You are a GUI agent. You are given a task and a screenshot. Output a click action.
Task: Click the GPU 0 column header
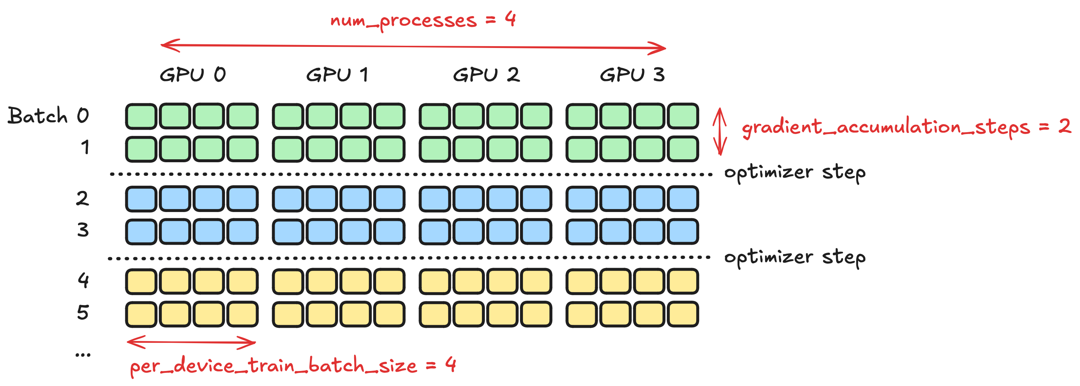tap(193, 75)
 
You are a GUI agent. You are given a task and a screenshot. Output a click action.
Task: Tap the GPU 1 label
tap(338, 75)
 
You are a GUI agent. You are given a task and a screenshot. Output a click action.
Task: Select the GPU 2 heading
tap(486, 75)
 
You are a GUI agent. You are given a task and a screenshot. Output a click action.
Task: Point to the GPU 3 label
tap(632, 75)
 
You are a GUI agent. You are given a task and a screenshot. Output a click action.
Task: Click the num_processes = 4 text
tap(423, 20)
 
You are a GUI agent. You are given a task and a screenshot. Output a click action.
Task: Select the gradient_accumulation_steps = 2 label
tap(906, 127)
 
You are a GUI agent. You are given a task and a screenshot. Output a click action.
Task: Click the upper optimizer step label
tap(794, 172)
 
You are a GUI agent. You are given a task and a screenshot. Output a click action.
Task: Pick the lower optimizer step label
tap(794, 257)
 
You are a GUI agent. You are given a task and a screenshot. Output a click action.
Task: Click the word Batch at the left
tap(38, 116)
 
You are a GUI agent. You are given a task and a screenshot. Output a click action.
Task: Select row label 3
tap(83, 230)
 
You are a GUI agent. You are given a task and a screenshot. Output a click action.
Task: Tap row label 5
tap(83, 312)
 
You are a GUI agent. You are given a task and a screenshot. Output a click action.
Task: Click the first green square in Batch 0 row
tap(141, 116)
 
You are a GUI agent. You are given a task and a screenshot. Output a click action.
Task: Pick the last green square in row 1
tap(683, 149)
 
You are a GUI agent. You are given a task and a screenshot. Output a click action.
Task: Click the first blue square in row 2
tap(141, 198)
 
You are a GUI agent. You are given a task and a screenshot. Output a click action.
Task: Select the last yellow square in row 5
tap(683, 314)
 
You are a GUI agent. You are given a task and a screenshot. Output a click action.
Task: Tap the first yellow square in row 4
tap(141, 281)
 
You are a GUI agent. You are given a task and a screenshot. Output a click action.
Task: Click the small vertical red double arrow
tap(720, 131)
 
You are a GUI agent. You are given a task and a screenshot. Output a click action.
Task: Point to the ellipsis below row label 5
tap(83, 355)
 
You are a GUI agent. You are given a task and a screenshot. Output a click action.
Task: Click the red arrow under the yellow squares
tap(191, 342)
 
